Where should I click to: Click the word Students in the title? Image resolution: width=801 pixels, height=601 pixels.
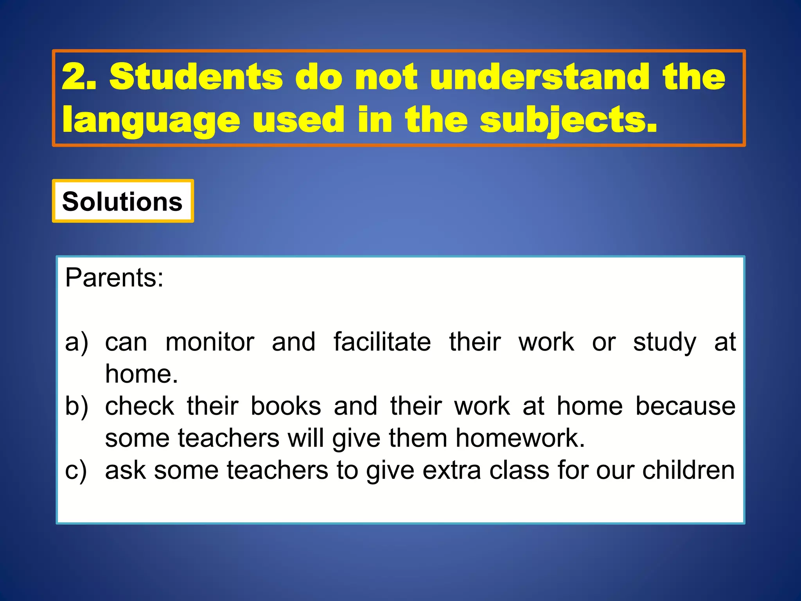pos(196,77)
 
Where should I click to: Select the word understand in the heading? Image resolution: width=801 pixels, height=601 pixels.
pos(540,77)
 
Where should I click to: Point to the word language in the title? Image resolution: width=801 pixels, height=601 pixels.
pos(151,121)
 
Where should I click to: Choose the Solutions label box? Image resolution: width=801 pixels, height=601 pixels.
pos(122,202)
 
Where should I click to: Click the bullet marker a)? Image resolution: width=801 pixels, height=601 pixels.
pos(77,342)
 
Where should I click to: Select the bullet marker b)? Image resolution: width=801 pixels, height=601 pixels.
pos(77,406)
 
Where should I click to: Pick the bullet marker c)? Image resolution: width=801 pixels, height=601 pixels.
pos(76,470)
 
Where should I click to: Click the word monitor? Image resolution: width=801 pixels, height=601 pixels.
pos(210,342)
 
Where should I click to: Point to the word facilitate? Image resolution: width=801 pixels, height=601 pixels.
pos(382,342)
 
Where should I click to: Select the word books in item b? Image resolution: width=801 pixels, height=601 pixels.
pos(286,406)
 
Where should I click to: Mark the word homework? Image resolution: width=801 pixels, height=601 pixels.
pos(520,438)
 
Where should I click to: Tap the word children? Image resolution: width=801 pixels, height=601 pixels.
pos(688,470)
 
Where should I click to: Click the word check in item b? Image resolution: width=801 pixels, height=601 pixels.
pos(140,406)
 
